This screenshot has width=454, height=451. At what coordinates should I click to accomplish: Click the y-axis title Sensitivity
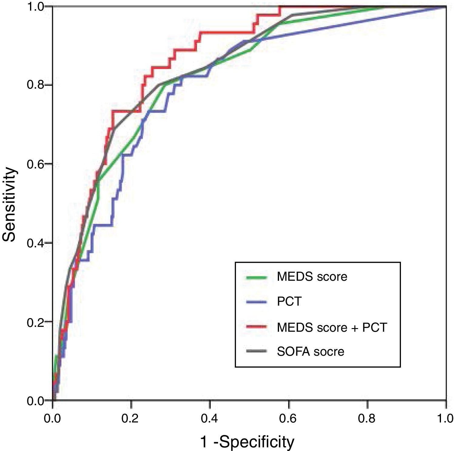point(9,204)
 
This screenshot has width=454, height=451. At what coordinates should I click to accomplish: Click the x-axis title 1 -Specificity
point(247,442)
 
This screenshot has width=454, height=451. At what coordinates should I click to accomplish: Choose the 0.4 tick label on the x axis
point(210,419)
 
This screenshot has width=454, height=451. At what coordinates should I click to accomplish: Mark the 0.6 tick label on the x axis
point(288,419)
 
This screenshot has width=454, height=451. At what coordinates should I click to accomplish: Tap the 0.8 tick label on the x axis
point(367,419)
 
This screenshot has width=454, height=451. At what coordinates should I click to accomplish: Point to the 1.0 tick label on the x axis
point(445,419)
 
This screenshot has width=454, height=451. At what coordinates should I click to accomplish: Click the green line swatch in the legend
point(257,277)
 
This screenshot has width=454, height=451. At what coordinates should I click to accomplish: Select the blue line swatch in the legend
point(257,302)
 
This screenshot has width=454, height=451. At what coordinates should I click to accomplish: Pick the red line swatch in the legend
point(257,327)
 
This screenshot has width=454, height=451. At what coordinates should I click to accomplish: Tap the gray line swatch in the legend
point(257,351)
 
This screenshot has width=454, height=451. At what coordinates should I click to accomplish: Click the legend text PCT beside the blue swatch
point(289,302)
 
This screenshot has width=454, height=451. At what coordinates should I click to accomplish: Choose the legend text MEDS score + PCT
point(332,327)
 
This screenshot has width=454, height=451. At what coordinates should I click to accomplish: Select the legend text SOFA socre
point(311,352)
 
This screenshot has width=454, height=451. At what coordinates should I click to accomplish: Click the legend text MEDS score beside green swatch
point(312,277)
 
